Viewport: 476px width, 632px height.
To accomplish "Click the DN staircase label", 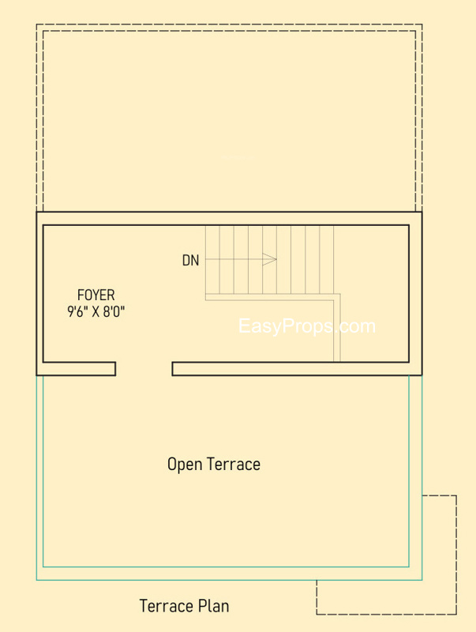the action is click(190, 261).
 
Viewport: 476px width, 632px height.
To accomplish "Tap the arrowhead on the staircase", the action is click(269, 259).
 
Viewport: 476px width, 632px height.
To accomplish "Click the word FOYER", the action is click(96, 295).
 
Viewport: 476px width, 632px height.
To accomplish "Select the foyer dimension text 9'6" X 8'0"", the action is click(96, 311).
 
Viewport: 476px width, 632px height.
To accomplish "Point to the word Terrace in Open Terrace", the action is click(234, 464).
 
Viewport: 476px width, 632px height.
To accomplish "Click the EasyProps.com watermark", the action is click(307, 325).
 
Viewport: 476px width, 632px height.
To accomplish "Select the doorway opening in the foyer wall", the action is click(144, 369).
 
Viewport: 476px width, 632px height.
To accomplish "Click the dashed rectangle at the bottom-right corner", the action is click(386, 555).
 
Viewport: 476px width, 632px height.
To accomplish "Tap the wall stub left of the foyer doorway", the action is click(79, 369).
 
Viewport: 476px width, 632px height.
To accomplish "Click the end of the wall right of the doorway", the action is click(172, 369).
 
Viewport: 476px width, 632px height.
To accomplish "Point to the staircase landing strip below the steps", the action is click(270, 297).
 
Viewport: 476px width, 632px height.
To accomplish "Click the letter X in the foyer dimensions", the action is click(96, 311).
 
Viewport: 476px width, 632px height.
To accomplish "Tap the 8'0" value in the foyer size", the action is click(114, 311).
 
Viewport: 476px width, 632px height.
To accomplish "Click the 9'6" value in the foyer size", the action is click(77, 311).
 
